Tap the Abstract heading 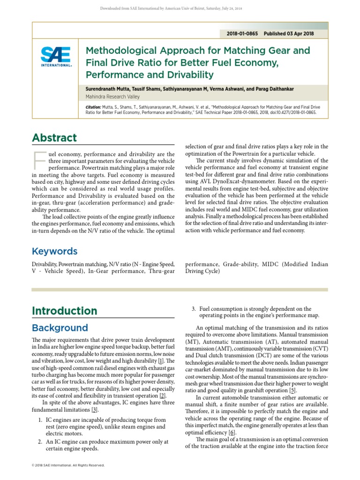[54, 138]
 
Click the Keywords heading [54, 251]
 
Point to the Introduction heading [64, 311]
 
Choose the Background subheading [60, 328]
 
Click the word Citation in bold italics [93, 107]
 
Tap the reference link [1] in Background [160, 361]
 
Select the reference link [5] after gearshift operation [292, 390]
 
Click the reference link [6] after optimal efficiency [231, 432]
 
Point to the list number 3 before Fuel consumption [194, 309]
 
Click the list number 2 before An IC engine [42, 442]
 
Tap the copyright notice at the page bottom [68, 465]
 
